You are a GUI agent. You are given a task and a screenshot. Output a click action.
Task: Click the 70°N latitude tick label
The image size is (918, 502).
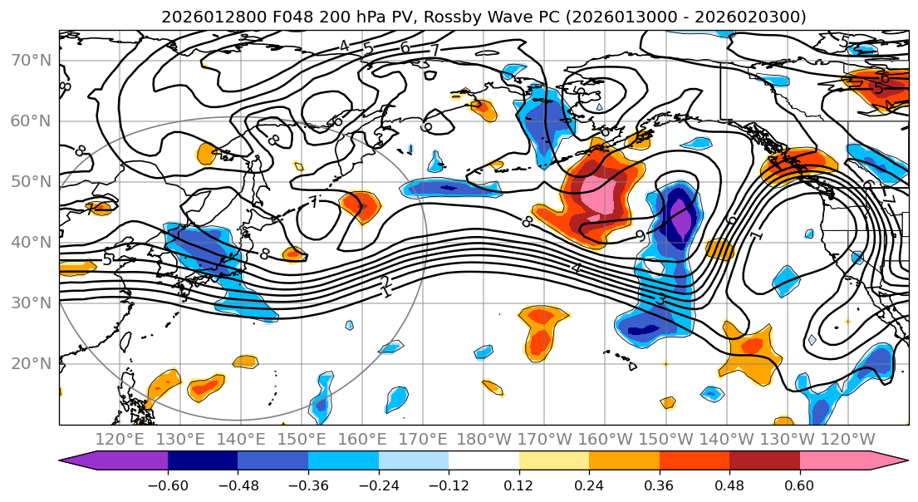31,61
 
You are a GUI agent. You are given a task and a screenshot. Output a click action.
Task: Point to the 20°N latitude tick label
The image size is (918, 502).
31,364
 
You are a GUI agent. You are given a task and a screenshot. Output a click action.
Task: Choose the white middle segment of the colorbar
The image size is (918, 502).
484,461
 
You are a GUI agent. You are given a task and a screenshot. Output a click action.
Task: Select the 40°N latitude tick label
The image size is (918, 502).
31,243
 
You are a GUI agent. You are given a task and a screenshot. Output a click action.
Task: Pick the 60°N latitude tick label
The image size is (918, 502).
31,121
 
